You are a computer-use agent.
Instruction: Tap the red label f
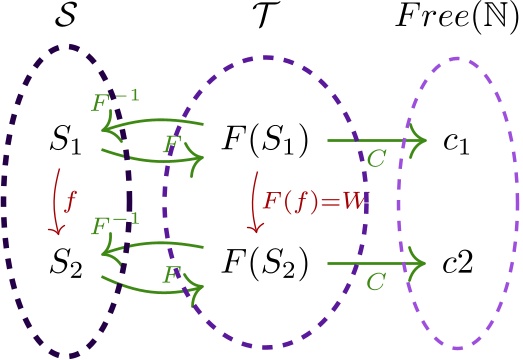(69, 203)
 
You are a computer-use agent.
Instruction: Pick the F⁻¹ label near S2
(118, 226)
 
